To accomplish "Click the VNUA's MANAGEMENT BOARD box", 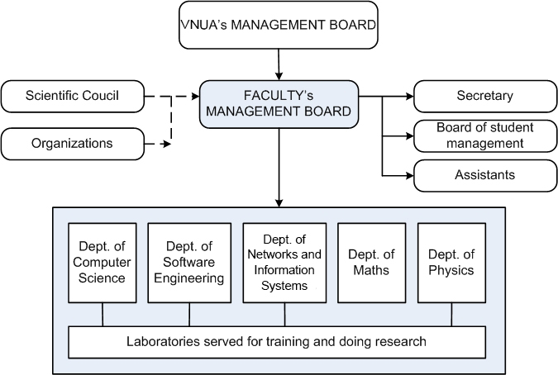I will [279, 25].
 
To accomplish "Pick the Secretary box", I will [484, 96].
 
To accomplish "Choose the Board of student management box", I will [484, 135].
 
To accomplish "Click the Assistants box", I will [484, 175].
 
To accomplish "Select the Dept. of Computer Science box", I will [102, 263].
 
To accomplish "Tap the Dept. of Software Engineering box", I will [189, 263].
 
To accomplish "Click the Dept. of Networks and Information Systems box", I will [284, 263].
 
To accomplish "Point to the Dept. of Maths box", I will [371, 263].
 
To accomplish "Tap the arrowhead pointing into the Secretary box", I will [408, 96].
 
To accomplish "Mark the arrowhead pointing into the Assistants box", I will [408, 175].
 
